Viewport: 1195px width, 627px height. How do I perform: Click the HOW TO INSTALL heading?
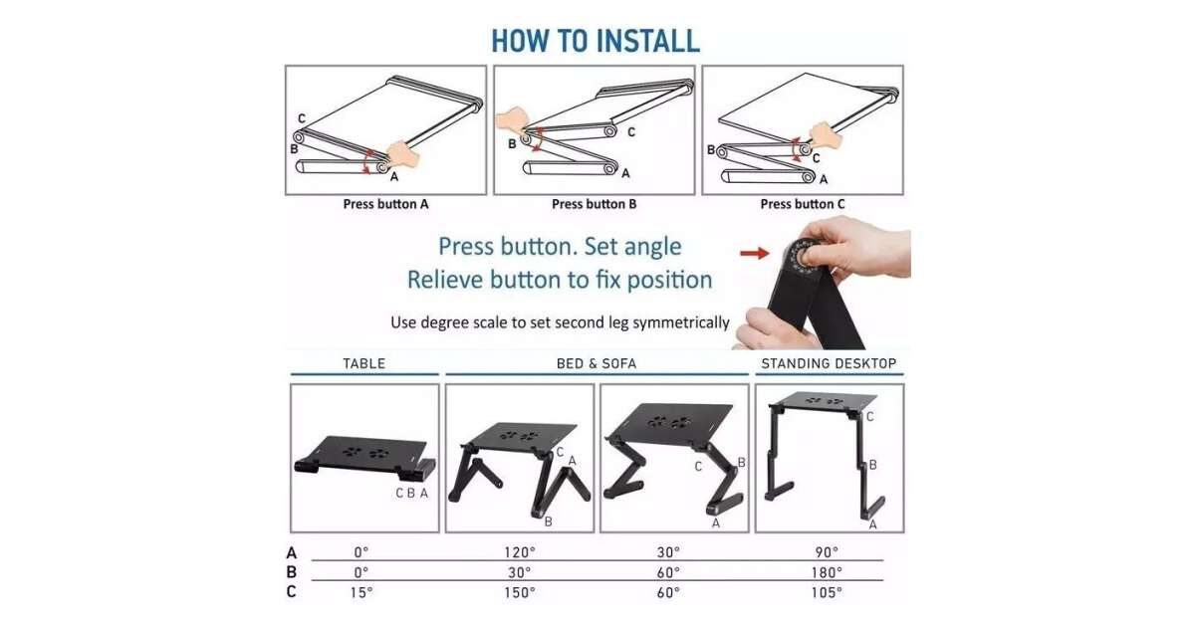596,41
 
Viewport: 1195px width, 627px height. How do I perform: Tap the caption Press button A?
385,204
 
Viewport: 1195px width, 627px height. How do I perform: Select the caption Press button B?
594,204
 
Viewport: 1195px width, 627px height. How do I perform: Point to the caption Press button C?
803,204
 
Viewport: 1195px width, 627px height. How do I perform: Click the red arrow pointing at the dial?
755,253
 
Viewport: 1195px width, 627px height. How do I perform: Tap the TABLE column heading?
363,363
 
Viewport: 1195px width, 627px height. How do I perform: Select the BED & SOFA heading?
597,363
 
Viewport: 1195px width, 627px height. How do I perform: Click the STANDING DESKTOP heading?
829,363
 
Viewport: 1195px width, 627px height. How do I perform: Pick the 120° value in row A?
520,552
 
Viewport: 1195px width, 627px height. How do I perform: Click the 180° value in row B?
827,572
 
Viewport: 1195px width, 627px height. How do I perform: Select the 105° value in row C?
827,592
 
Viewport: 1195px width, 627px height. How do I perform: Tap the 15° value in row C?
361,592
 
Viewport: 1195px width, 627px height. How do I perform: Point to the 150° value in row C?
520,592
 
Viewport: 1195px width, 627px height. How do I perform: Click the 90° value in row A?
827,552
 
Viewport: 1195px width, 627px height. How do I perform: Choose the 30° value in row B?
520,572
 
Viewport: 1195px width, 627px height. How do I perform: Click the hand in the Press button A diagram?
402,154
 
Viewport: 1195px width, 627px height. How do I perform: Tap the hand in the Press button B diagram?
511,121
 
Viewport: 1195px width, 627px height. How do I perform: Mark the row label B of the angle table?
291,572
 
